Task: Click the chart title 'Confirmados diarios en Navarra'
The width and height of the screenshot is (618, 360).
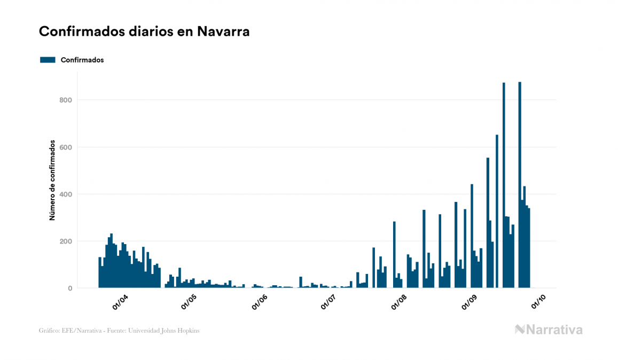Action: pyautogui.click(x=144, y=32)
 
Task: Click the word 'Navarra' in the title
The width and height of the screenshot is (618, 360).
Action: pyautogui.click(x=223, y=32)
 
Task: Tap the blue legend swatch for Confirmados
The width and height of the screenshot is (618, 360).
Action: pyautogui.click(x=48, y=60)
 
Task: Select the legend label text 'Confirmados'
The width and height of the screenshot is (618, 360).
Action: pyautogui.click(x=82, y=60)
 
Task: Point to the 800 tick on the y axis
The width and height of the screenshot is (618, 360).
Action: pyautogui.click(x=66, y=100)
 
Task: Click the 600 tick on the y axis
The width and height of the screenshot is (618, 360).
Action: pyautogui.click(x=66, y=147)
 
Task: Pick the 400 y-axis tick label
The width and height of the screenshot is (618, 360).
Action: pyautogui.click(x=66, y=194)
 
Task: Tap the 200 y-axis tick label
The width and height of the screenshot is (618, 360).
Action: pyautogui.click(x=66, y=241)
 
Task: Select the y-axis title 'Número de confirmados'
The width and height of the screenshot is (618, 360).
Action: pyautogui.click(x=52, y=181)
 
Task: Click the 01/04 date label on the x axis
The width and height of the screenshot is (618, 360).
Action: pyautogui.click(x=120, y=302)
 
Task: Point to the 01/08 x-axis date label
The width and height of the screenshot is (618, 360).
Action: pyautogui.click(x=399, y=302)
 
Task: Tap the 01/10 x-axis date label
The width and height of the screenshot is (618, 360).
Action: pyautogui.click(x=538, y=302)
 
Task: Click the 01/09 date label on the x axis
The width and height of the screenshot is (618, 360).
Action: pyautogui.click(x=470, y=302)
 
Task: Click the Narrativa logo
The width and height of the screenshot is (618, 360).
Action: pyautogui.click(x=549, y=330)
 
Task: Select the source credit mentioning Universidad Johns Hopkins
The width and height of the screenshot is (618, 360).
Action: pyautogui.click(x=119, y=331)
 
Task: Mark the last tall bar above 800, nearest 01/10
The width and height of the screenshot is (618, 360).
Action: pyautogui.click(x=520, y=187)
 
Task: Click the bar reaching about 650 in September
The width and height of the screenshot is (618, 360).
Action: pyautogui.click(x=497, y=214)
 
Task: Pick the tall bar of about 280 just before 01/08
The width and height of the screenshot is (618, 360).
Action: pyautogui.click(x=394, y=256)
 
